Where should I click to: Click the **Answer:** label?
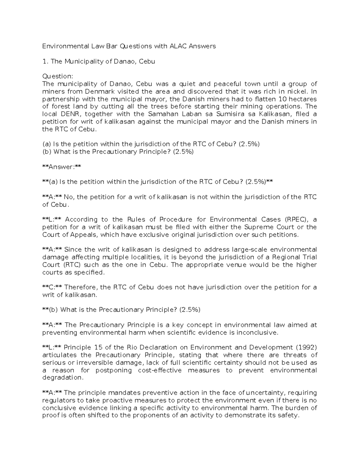click(61, 167)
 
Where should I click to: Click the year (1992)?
click(306, 347)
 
